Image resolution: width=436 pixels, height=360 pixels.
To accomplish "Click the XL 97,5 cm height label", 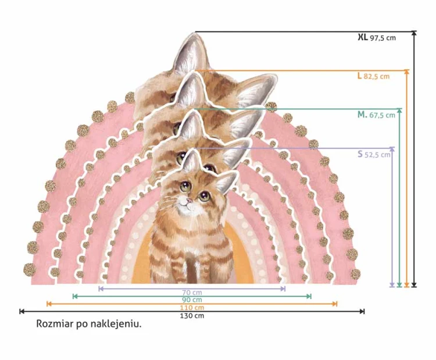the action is click(x=377, y=37).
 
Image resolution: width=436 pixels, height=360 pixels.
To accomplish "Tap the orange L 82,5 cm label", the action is click(x=373, y=76).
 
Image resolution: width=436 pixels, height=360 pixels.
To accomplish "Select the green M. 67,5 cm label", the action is click(x=376, y=115).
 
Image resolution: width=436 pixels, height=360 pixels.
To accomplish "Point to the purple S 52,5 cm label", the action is click(x=374, y=154).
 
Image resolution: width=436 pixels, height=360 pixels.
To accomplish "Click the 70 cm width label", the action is click(x=192, y=293).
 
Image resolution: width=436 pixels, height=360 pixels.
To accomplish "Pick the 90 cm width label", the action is click(x=192, y=300).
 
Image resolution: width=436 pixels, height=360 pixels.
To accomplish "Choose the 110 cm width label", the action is click(x=192, y=308).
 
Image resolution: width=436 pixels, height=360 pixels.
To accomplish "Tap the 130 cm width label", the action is click(x=192, y=316).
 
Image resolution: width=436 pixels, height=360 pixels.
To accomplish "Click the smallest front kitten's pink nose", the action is click(x=189, y=200).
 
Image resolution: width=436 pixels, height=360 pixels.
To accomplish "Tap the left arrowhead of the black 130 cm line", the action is click(x=22, y=311).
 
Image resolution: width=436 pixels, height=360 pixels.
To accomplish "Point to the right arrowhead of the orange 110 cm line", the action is click(x=335, y=304).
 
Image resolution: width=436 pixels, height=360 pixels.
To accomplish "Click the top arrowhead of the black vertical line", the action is click(x=414, y=33).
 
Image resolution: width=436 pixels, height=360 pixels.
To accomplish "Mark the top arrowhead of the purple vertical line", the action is click(x=392, y=149).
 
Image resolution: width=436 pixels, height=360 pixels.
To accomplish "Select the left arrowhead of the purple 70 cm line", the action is click(x=101, y=289).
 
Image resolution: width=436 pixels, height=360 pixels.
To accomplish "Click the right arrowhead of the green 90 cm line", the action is click(x=309, y=297).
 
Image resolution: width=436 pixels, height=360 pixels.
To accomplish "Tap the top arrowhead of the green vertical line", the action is click(x=399, y=111).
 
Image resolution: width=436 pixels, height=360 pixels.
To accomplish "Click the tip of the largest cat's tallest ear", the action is click(x=194, y=33).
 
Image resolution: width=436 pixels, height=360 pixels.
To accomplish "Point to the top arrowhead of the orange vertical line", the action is click(x=407, y=72).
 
